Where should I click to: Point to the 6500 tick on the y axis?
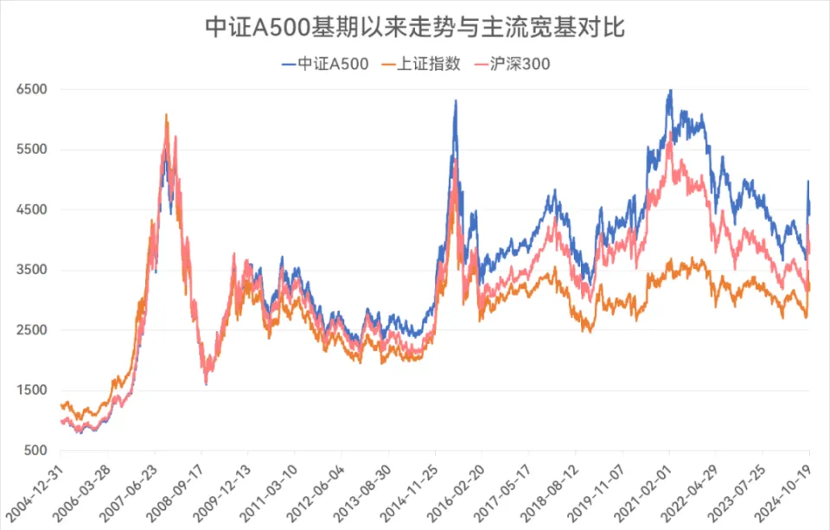pyautogui.click(x=31, y=89)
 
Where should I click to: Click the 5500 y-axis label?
pyautogui.click(x=31, y=150)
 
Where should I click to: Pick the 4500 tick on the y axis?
pyautogui.click(x=31, y=209)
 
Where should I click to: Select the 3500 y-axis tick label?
pyautogui.click(x=31, y=270)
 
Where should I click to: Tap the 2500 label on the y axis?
pyautogui.click(x=31, y=330)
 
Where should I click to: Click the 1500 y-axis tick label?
pyautogui.click(x=31, y=390)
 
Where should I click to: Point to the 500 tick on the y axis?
pyautogui.click(x=35, y=450)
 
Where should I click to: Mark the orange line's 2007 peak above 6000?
pyautogui.click(x=166, y=114)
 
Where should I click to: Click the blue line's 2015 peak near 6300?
pyautogui.click(x=456, y=101)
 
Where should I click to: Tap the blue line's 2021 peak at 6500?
pyautogui.click(x=669, y=90)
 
